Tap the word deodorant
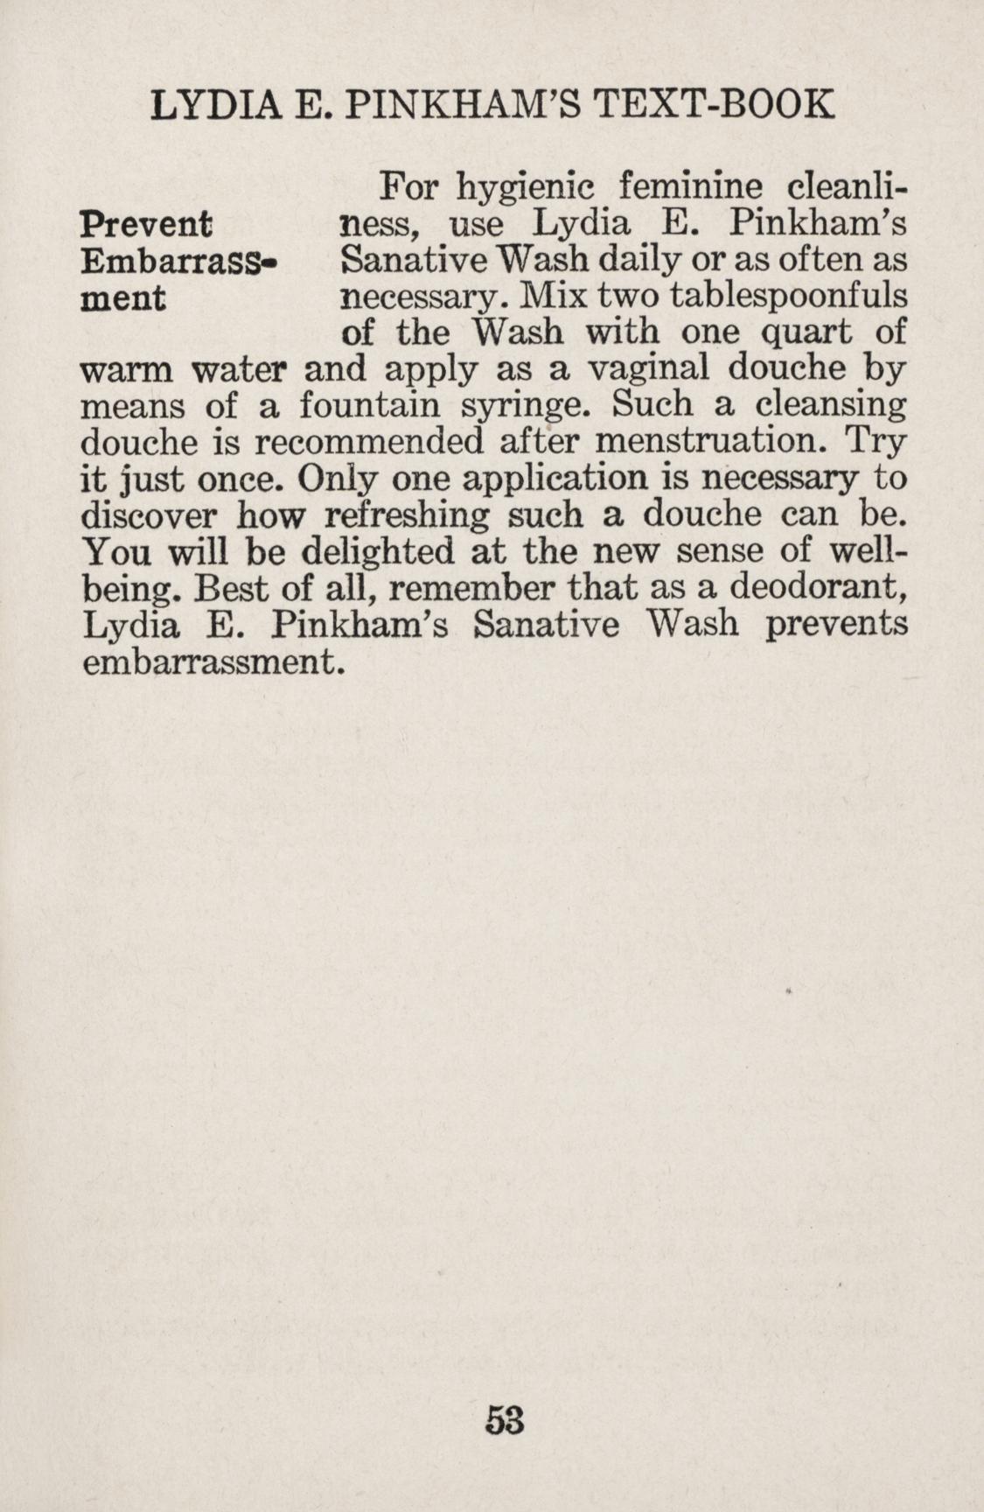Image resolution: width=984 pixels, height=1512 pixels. (816, 588)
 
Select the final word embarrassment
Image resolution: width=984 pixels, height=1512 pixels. (210, 661)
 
